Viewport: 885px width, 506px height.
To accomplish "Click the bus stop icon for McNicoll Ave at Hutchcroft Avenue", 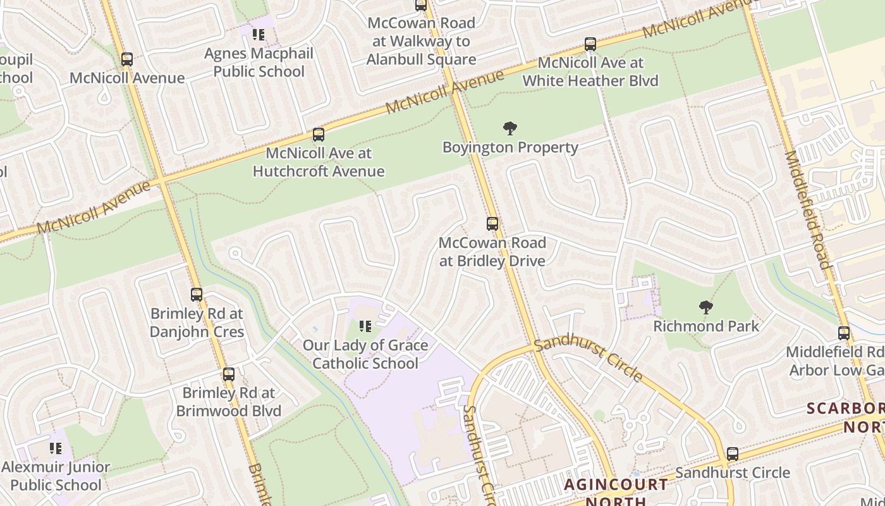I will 319,135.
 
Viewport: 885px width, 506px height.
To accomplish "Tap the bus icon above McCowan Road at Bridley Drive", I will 492,224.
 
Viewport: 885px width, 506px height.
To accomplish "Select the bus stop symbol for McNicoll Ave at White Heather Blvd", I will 590,44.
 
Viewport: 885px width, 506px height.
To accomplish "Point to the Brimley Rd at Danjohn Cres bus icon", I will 197,295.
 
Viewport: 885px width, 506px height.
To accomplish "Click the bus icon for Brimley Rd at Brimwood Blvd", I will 229,374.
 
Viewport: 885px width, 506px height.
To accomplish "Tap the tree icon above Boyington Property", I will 510,129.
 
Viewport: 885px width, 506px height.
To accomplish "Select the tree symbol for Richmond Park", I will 706,308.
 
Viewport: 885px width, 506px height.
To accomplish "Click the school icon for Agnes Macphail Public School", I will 259,34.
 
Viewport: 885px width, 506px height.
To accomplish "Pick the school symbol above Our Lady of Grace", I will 365,326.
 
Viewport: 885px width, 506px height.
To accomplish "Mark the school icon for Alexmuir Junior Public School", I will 56,448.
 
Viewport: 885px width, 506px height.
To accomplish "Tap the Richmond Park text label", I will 706,326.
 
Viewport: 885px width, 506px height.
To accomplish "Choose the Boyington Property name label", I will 510,147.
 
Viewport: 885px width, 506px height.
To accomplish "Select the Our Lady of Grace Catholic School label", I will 365,354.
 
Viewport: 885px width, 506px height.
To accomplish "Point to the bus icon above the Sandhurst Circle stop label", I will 733,454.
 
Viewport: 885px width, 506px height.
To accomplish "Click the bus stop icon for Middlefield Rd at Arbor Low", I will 844,333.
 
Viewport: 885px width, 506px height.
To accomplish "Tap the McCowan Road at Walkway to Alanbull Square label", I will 421,41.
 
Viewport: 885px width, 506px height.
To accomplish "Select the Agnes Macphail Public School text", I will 259,62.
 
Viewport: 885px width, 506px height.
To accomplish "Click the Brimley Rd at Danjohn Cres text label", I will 197,323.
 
